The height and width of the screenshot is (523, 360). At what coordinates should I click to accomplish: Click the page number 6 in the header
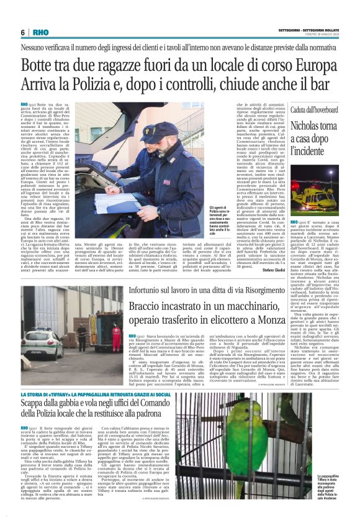pos(22,32)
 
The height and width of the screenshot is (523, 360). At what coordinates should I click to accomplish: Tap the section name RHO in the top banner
pos(40,32)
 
